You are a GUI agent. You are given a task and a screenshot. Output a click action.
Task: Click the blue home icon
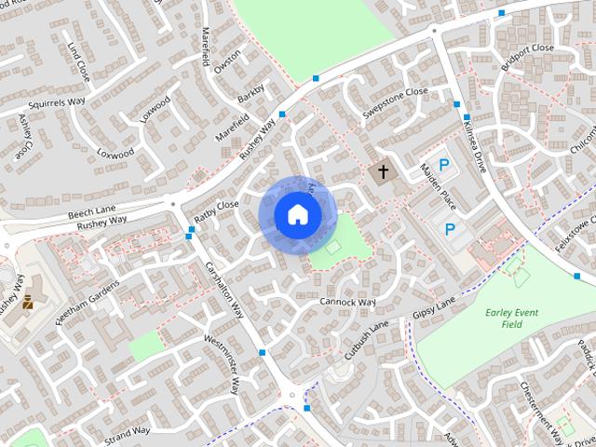point(297,214)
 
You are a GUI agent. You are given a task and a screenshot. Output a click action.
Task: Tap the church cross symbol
point(380,172)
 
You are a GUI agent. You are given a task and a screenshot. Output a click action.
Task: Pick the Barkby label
point(251,95)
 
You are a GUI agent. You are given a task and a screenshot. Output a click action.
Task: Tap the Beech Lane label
point(90,214)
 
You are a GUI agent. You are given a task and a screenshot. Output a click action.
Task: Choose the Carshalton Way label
point(224,288)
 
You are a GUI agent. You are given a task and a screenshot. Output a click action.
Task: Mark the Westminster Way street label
point(222,362)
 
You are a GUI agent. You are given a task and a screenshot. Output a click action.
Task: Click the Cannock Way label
point(346,302)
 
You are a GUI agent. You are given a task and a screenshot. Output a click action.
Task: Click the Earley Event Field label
point(511,318)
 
